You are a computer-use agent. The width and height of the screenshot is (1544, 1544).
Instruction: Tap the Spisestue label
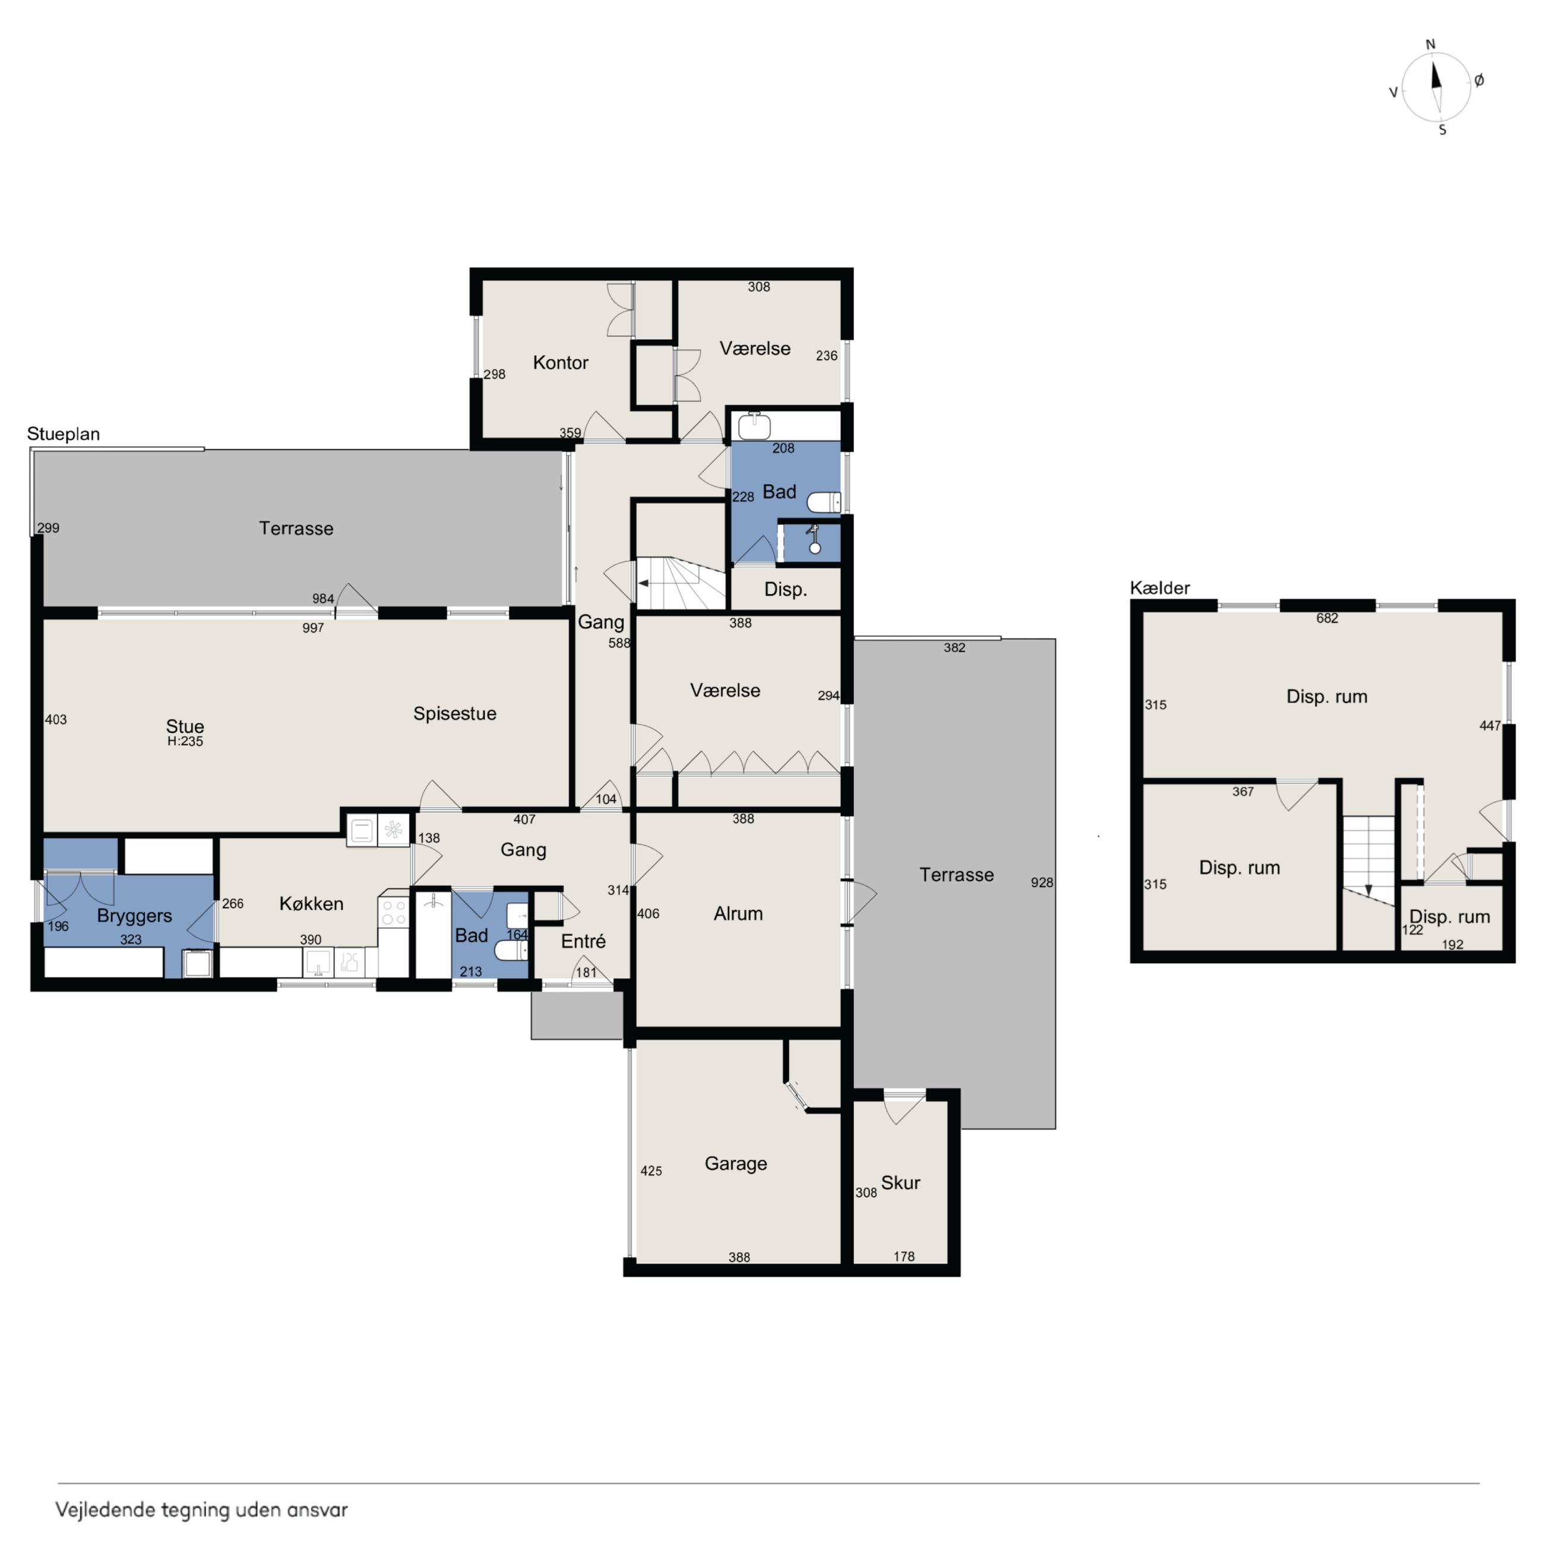pos(455,714)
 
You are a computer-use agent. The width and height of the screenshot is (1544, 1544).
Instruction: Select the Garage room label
pos(736,1163)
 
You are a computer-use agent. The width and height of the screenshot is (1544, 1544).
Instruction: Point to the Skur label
pos(901,1183)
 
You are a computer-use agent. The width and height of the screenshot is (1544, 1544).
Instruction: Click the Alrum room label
pos(738,913)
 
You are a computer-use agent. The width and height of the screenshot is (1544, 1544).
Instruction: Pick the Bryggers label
pos(134,916)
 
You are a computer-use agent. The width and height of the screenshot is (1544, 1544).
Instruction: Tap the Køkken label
pos(312,904)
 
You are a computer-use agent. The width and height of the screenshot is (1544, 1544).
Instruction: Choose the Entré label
pos(583,941)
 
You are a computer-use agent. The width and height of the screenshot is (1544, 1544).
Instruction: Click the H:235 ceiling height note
pos(185,742)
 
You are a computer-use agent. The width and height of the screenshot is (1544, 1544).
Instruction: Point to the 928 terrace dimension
pos(1042,882)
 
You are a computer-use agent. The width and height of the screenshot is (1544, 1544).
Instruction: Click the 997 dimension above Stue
pos(314,628)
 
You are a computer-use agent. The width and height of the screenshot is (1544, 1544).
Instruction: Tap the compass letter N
pos(1431,45)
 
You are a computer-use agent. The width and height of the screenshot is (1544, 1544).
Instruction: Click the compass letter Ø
pos(1479,80)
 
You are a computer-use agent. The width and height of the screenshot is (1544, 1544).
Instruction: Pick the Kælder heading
pos(1160,588)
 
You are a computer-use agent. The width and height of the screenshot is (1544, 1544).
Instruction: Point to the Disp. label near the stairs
pos(786,590)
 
